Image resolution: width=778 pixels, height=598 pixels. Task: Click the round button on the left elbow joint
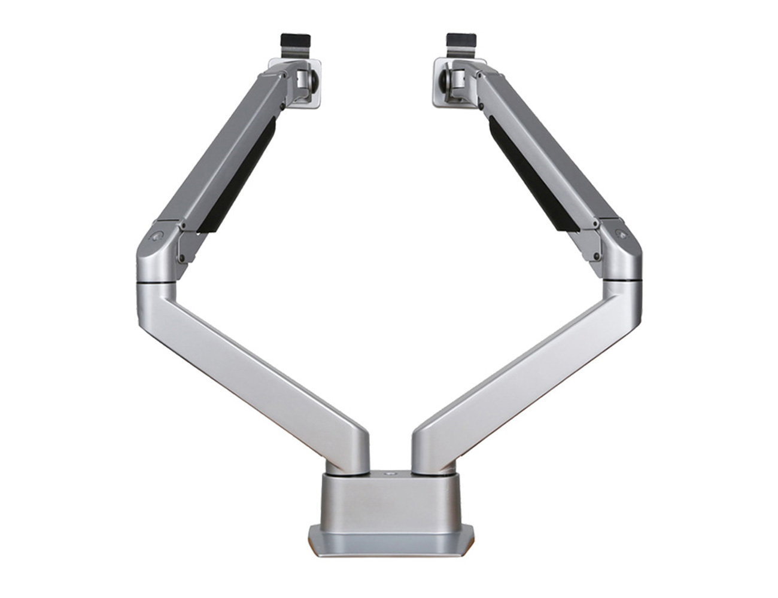pos(157,236)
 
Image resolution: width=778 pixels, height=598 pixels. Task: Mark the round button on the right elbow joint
pos(621,235)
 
